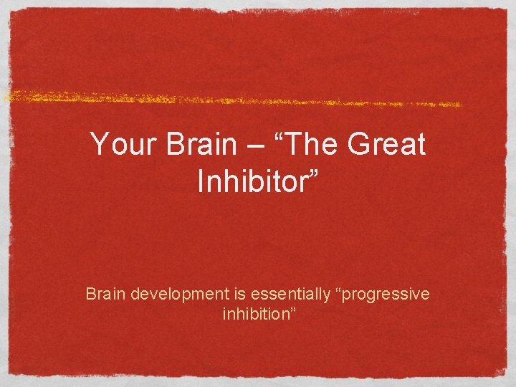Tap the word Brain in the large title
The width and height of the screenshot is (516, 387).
click(x=201, y=145)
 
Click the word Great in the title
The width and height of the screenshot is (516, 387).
click(x=385, y=145)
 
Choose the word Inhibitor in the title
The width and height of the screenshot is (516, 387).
click(x=251, y=182)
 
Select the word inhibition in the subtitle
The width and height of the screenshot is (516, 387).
click(x=254, y=315)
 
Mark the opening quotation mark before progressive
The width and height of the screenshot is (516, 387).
click(x=336, y=291)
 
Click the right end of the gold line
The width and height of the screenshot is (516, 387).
click(x=461, y=105)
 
